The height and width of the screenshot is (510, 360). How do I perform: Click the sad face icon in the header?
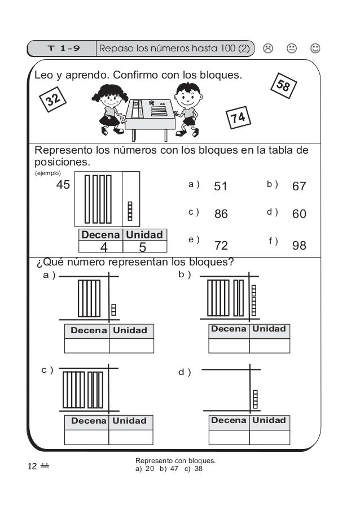[x=269, y=49]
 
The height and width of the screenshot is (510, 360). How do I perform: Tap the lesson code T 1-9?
[x=63, y=49]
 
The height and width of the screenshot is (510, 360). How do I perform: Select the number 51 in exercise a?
[x=221, y=186]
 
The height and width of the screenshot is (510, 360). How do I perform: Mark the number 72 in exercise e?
[x=221, y=246]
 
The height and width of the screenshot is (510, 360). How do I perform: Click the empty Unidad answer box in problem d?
[x=269, y=437]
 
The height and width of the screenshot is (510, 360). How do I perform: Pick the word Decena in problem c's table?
[x=89, y=421]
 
